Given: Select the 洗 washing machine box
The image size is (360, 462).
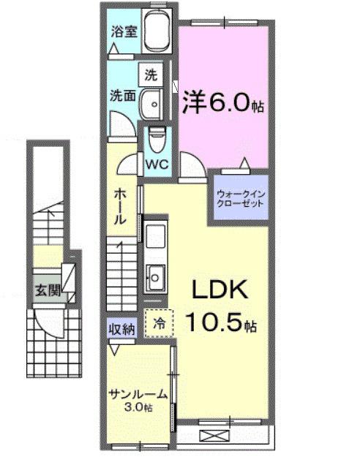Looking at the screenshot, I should coord(151,75).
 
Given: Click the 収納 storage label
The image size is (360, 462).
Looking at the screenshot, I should coord(121,330).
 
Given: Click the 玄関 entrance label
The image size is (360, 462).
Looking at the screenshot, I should coord(43,289).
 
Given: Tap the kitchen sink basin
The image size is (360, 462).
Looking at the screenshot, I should coord(156,276).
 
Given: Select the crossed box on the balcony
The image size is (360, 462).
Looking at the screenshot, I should coord(215,436).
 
